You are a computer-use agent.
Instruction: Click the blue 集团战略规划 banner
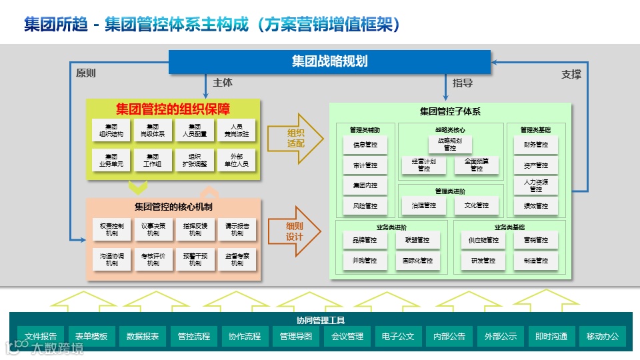pyautogui.click(x=329, y=62)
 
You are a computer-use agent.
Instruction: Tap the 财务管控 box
pyautogui.click(x=531, y=145)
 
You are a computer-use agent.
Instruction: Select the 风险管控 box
pyautogui.click(x=365, y=206)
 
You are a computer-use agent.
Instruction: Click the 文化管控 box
pyautogui.click(x=477, y=206)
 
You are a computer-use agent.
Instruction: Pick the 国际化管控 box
pyautogui.click(x=417, y=261)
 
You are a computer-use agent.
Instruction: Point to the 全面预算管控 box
pyautogui.click(x=477, y=165)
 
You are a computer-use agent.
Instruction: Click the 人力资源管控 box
pyautogui.click(x=531, y=185)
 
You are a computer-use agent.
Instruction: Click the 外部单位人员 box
pyautogui.click(x=236, y=160)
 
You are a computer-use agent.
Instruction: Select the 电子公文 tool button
pyautogui.click(x=399, y=337)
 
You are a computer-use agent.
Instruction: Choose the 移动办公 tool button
pyautogui.click(x=603, y=337)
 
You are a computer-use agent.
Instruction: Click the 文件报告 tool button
pyautogui.click(x=41, y=337)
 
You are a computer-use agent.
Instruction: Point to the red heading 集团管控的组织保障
pyautogui.click(x=173, y=109)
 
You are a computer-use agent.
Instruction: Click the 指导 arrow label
pyautogui.click(x=463, y=83)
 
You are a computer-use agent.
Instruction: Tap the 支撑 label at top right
pyautogui.click(x=571, y=75)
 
